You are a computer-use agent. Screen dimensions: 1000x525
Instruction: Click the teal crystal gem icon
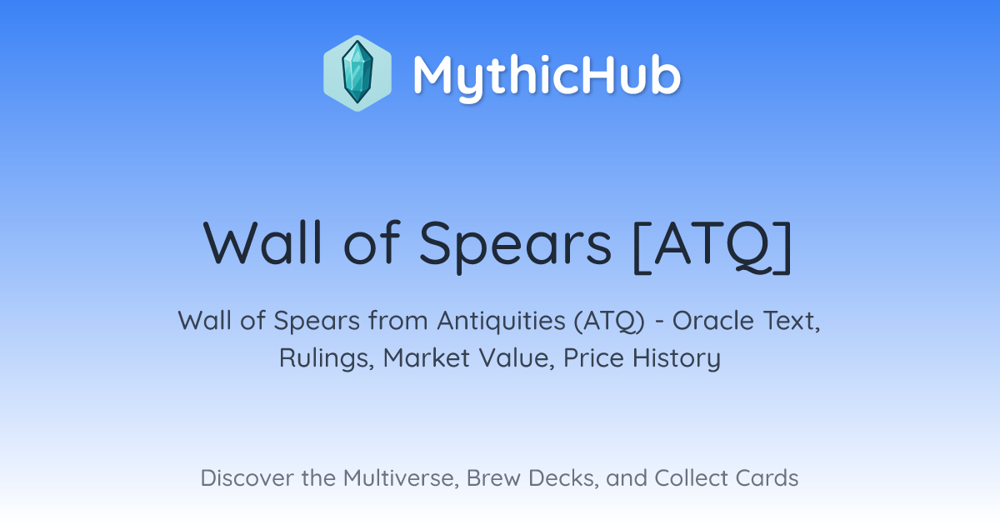click(x=357, y=72)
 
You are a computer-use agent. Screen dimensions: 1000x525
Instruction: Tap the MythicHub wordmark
click(x=547, y=77)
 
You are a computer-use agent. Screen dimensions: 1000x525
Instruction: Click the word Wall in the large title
click(x=262, y=243)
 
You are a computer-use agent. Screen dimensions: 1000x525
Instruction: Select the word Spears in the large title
click(x=515, y=247)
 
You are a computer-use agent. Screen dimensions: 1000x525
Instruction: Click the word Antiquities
click(x=501, y=321)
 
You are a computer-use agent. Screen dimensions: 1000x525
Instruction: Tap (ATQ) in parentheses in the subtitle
click(x=609, y=322)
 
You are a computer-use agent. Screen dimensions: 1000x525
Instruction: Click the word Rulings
click(x=327, y=358)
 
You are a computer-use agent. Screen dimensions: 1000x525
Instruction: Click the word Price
click(x=593, y=357)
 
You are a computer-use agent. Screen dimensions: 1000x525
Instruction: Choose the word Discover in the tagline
click(x=246, y=477)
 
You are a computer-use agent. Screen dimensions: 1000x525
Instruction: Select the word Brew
click(x=493, y=477)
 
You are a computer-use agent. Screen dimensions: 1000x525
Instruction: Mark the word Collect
click(x=691, y=477)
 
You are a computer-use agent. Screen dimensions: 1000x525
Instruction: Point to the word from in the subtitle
click(x=398, y=321)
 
